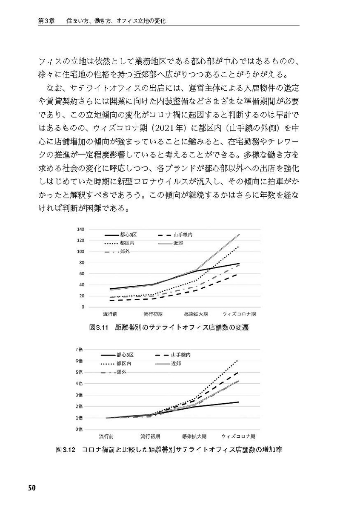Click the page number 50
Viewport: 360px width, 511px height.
(x=31, y=488)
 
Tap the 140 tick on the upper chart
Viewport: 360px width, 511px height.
(x=80, y=229)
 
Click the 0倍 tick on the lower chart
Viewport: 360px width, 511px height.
(x=80, y=429)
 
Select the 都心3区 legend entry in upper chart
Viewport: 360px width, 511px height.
(x=126, y=235)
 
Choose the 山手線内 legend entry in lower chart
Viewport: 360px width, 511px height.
(x=180, y=355)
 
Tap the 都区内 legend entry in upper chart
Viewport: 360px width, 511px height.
(x=127, y=243)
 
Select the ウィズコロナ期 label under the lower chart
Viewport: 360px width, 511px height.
(x=238, y=436)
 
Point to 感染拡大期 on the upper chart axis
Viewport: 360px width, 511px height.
(x=196, y=314)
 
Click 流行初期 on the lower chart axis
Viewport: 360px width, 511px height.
(x=151, y=436)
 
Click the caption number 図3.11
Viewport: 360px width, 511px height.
(x=100, y=328)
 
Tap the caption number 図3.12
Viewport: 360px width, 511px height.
(x=65, y=450)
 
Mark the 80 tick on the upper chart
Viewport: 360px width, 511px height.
(x=81, y=262)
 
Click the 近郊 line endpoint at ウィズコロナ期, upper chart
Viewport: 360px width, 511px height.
(x=239, y=235)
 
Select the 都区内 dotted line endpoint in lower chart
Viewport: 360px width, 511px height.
(x=238, y=360)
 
